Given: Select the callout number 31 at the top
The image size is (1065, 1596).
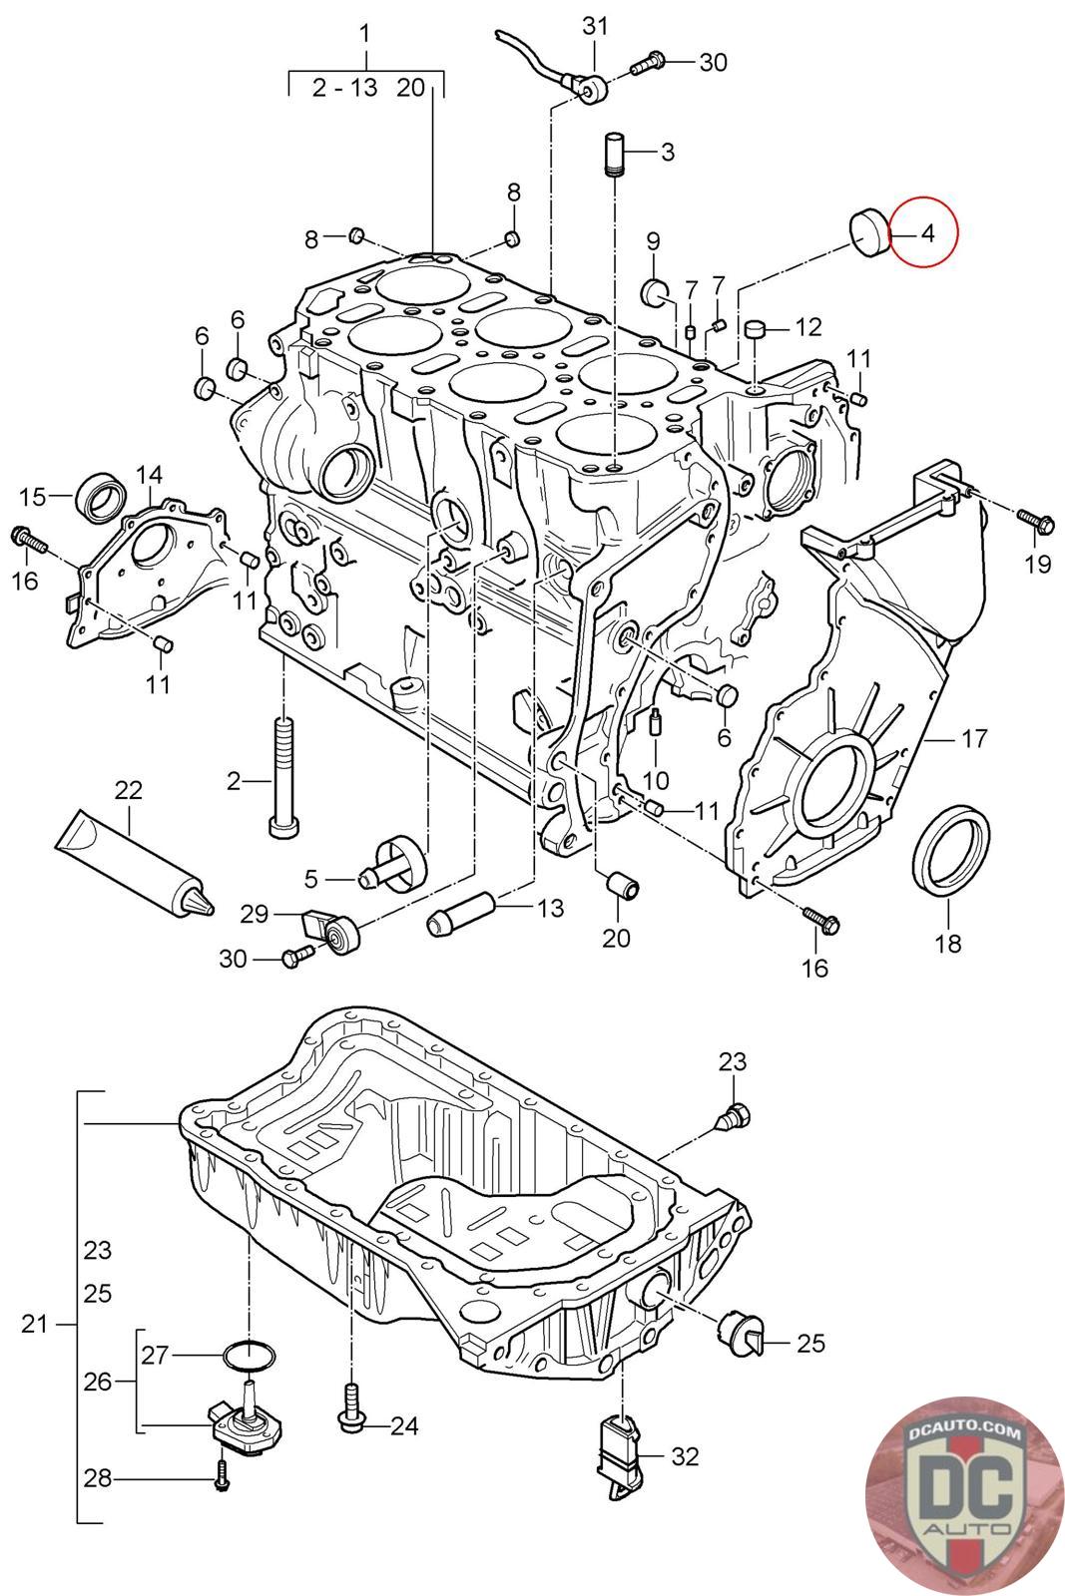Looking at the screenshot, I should point(595,26).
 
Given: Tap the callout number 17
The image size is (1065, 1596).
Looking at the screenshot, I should point(974,739).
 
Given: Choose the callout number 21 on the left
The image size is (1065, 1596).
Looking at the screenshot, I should point(35,1325).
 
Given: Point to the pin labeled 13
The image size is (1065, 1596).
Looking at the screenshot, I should point(461,915).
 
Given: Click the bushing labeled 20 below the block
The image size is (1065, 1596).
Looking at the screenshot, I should point(621,885).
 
